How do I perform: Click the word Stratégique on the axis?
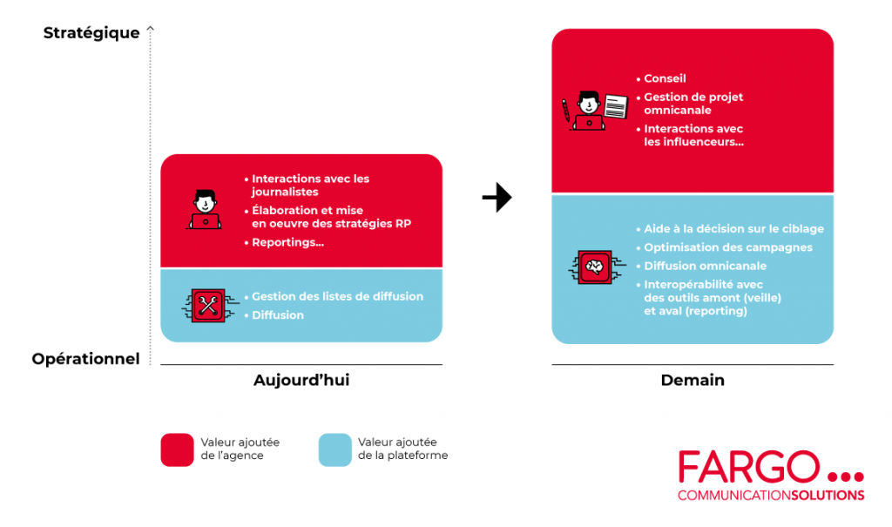click(91, 33)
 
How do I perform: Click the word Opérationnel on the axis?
click(85, 359)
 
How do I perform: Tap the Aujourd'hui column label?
click(301, 381)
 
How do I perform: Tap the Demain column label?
click(693, 381)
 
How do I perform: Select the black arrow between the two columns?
click(497, 199)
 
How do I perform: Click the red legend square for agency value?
click(177, 449)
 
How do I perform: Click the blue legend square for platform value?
click(335, 449)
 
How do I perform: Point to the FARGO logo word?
click(748, 468)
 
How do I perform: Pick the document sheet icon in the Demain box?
click(616, 107)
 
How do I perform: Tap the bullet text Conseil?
click(665, 79)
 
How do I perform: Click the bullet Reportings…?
click(287, 242)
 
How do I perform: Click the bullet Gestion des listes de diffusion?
click(337, 296)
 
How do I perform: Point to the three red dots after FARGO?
click(844, 476)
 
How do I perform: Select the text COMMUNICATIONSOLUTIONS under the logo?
click(771, 496)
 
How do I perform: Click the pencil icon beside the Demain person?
click(565, 110)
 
